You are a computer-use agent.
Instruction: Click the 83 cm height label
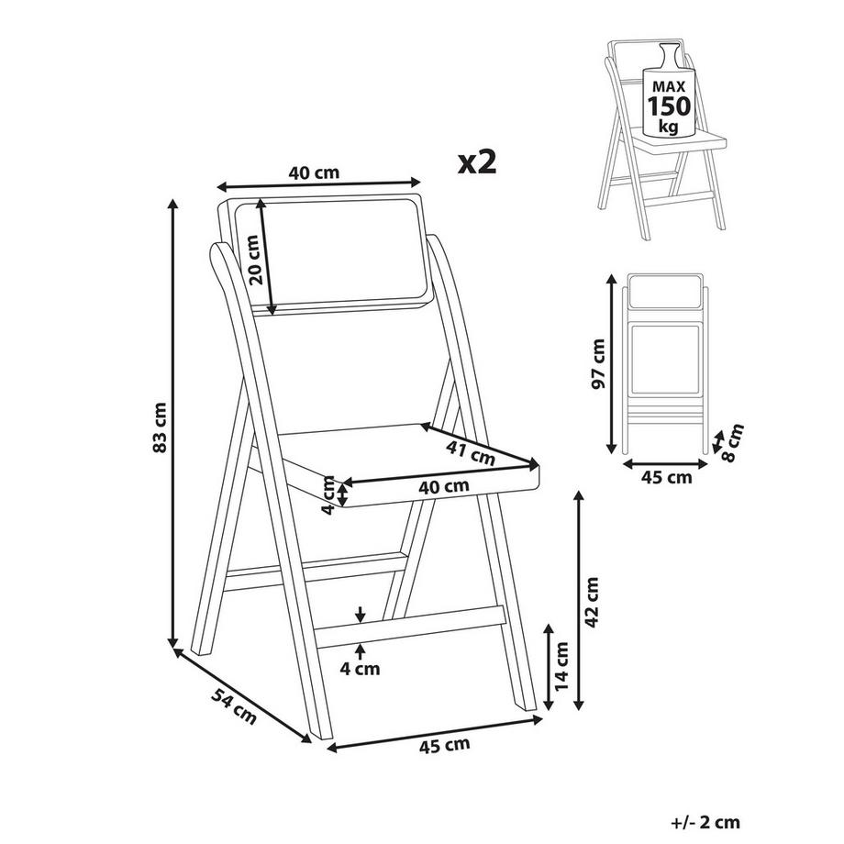160,427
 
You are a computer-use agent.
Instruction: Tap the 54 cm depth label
234,705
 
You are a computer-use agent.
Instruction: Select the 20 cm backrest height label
254,260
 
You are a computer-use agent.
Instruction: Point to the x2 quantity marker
477,161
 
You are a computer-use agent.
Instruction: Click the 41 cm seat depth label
471,452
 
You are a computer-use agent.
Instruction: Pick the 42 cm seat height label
592,602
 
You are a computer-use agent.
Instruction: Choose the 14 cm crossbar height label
561,666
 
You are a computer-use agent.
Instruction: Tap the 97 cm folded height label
597,363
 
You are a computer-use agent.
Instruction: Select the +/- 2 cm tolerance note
705,822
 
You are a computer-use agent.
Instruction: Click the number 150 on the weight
669,106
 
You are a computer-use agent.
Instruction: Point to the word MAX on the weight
669,86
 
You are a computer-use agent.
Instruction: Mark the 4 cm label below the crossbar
360,669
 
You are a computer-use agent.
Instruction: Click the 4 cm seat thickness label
328,495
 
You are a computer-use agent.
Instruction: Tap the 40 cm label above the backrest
314,172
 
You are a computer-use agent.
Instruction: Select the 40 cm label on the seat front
444,486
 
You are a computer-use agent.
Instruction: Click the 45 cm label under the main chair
444,745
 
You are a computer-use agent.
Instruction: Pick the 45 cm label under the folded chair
666,477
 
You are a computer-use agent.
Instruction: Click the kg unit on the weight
669,127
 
